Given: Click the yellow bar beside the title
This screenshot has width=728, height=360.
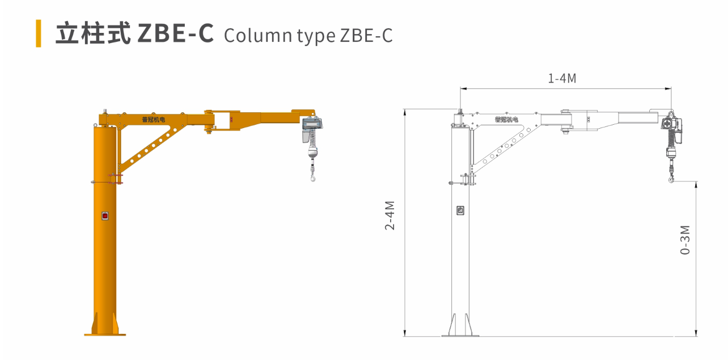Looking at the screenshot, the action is (x=39, y=33).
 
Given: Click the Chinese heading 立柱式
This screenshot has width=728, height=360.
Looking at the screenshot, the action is (x=93, y=33).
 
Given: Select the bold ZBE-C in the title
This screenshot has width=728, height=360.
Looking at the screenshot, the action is (x=176, y=33).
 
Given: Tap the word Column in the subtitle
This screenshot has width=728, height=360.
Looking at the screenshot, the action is (x=258, y=35).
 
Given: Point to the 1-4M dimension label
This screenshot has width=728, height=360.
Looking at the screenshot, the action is (x=562, y=79).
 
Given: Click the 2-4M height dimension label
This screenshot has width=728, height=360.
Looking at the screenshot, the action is (x=390, y=215).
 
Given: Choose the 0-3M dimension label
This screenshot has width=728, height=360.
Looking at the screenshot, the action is (x=685, y=240).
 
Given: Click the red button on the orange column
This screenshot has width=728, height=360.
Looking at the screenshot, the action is (x=105, y=216).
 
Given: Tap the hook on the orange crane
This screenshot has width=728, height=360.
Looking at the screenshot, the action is (x=312, y=177).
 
